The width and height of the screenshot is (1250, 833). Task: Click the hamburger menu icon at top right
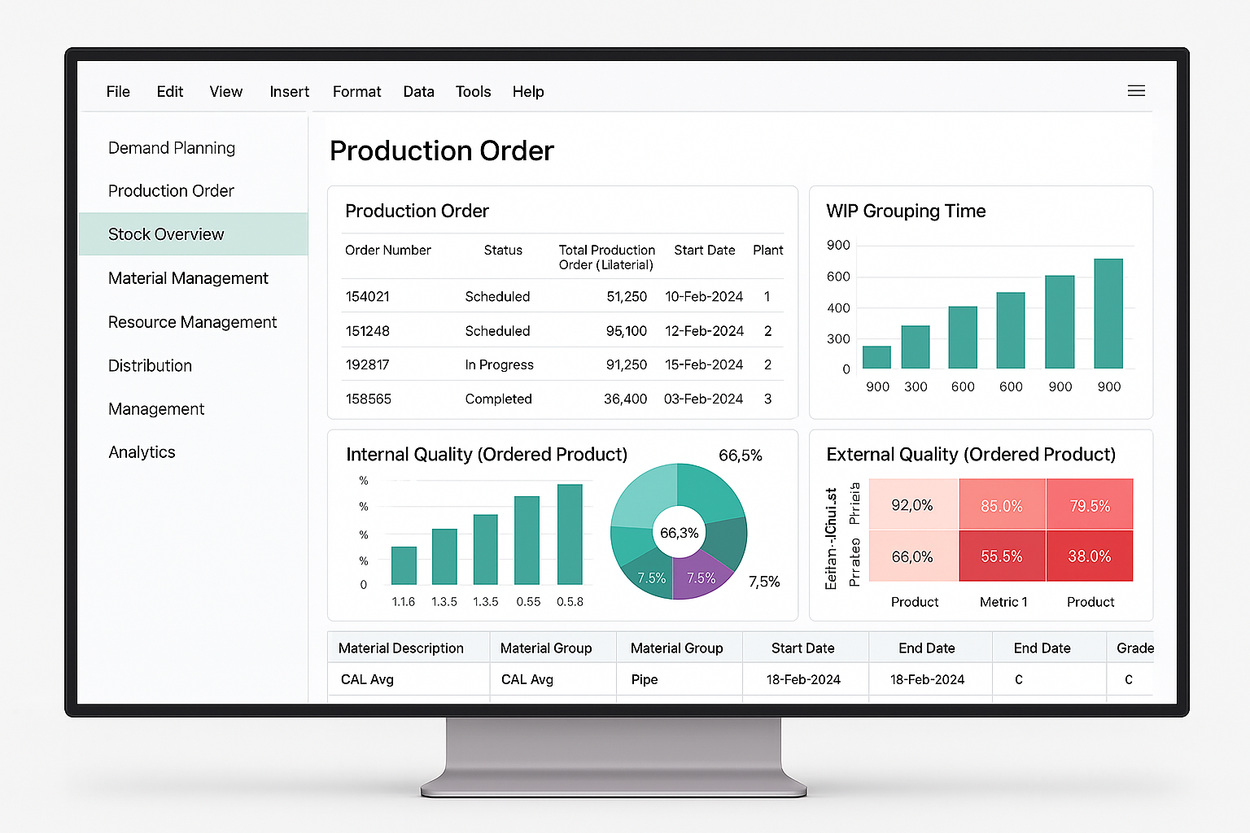coord(1136,91)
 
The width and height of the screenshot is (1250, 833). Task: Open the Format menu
coord(356,92)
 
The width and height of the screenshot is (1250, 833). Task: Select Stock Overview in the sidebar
coord(166,234)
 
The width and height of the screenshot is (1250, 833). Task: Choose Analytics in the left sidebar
coord(142,452)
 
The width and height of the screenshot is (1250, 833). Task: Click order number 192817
coord(367,364)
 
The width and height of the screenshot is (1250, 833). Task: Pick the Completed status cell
coord(498,399)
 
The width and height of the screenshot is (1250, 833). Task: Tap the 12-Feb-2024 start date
coord(704,331)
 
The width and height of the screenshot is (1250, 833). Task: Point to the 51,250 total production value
coord(626,297)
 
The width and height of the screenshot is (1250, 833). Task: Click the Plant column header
coord(767,250)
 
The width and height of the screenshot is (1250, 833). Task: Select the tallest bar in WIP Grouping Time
coord(1108,313)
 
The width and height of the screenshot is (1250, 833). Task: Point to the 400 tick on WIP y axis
coord(838,308)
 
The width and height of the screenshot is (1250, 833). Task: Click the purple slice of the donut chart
coord(700,574)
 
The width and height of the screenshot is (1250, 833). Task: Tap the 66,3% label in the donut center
coord(679,533)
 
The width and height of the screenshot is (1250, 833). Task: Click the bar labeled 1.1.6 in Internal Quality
coord(404,565)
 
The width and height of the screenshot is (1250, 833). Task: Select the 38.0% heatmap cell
coord(1089,556)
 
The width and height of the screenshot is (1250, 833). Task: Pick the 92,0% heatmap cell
coord(912,505)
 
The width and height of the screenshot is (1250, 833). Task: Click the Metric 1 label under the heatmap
coord(1003,602)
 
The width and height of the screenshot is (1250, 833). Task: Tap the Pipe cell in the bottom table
coord(645,679)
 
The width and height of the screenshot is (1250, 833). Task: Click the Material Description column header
coord(400,648)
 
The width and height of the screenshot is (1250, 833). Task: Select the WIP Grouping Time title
coord(906,212)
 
